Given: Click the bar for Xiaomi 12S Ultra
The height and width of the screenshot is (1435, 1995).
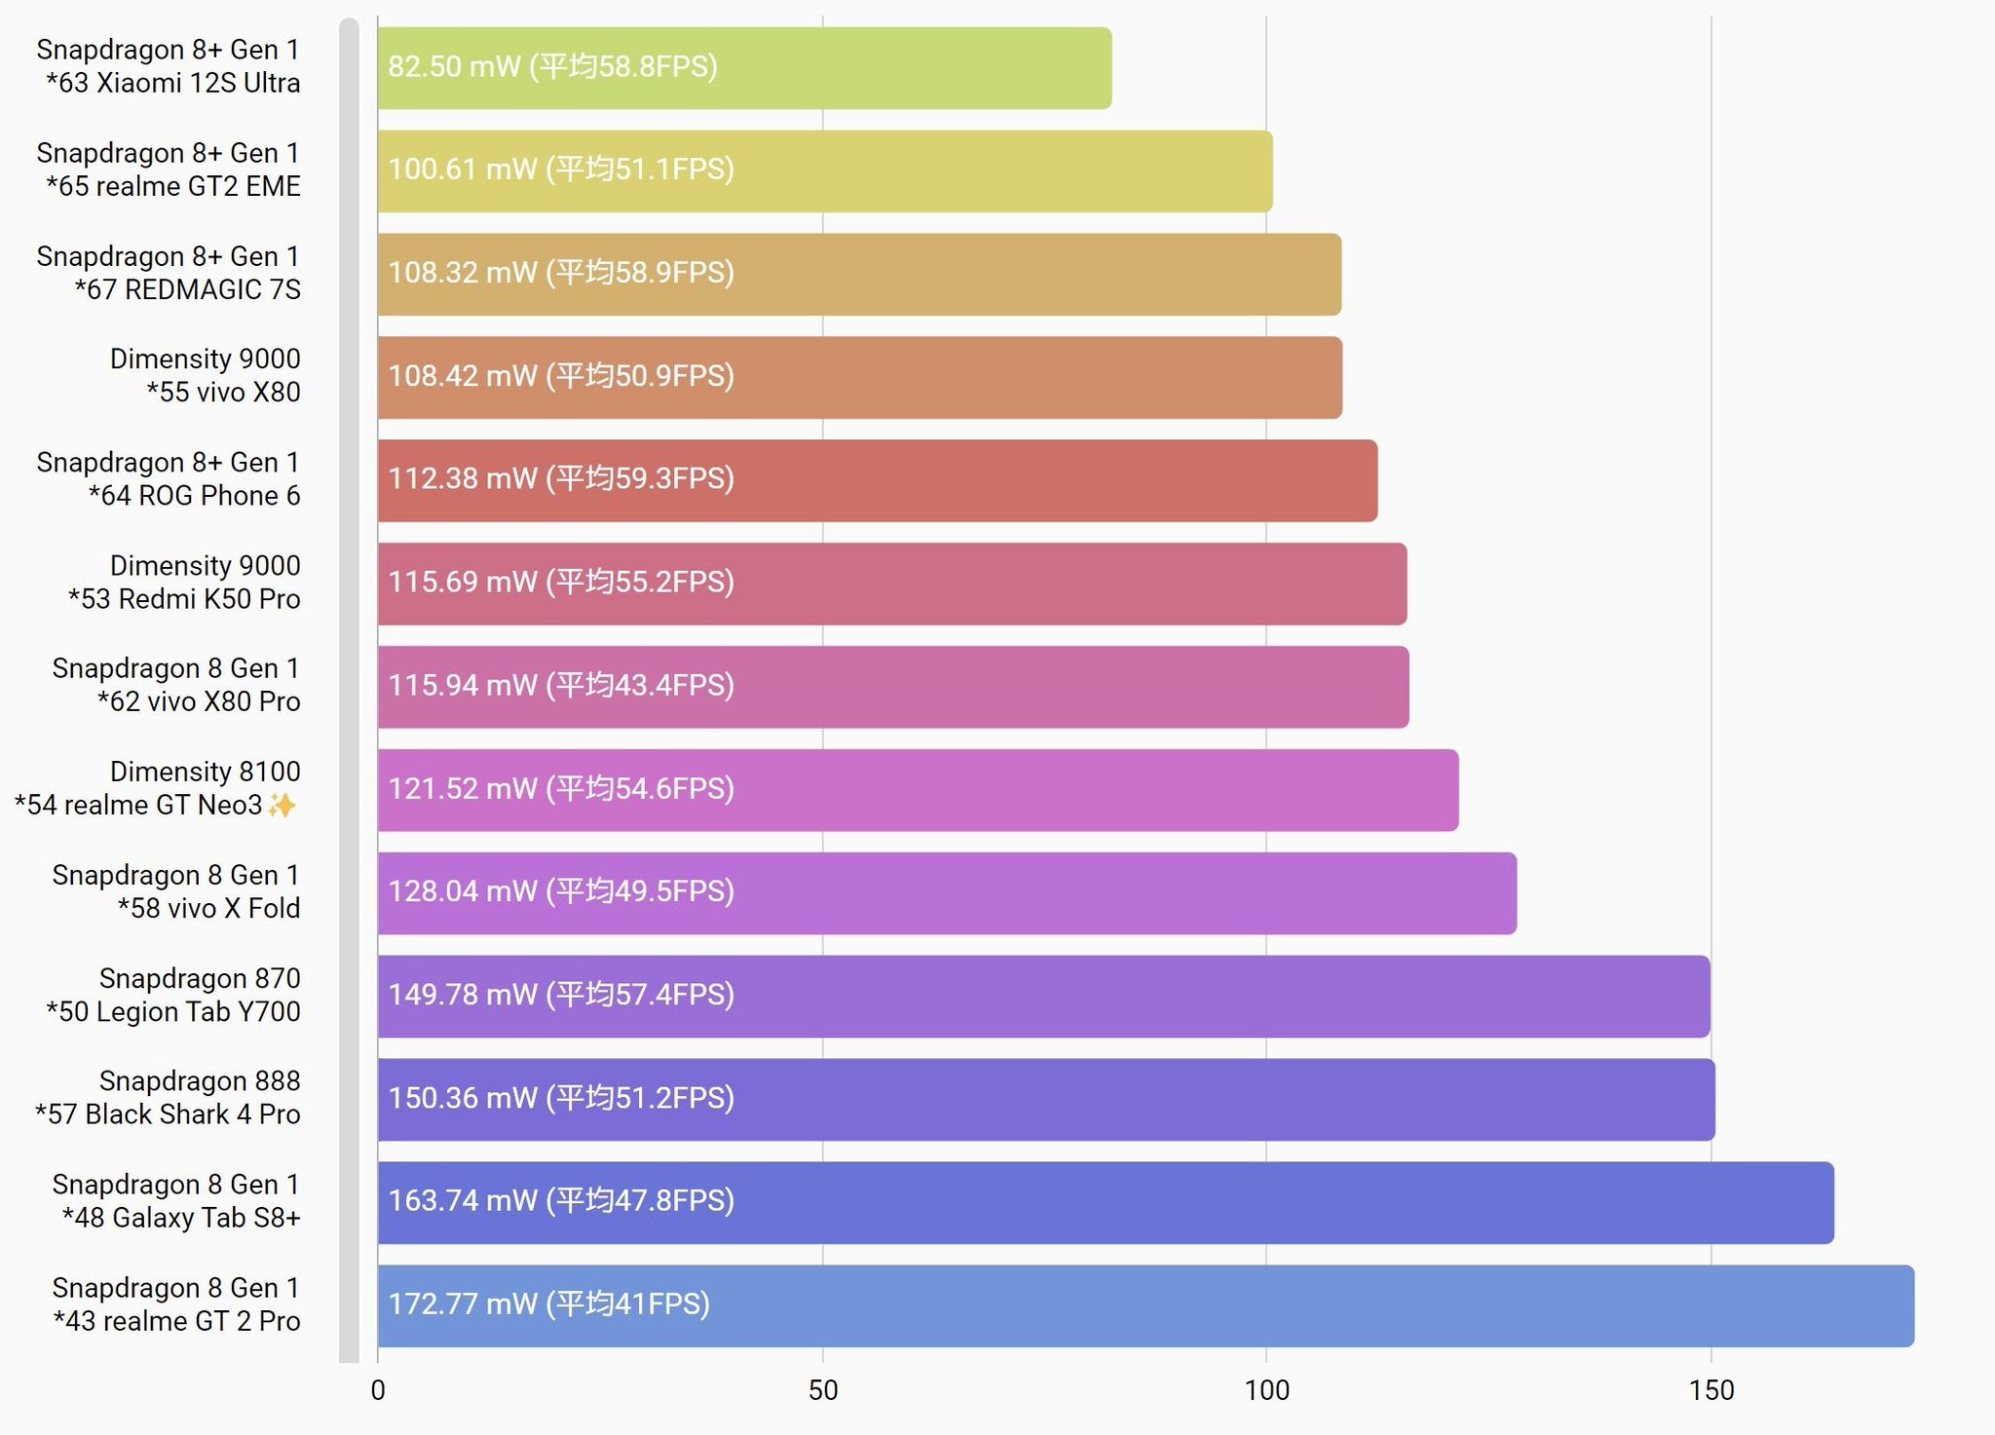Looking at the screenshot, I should (744, 68).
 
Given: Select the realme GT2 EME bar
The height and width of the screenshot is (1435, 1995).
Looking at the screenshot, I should (824, 171).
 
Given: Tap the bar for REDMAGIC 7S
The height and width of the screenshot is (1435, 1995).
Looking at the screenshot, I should (859, 275).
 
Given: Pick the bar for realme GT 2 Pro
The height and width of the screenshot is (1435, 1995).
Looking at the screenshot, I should (1146, 1306).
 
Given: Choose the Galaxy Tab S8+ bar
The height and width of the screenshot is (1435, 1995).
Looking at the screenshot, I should (1106, 1203).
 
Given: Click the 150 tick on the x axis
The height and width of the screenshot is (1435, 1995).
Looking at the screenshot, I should (1712, 1390).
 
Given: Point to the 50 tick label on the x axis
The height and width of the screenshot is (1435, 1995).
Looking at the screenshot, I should (823, 1390).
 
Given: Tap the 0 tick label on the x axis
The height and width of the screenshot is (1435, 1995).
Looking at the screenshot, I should (378, 1390).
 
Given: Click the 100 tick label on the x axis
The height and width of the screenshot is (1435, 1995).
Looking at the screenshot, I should (1266, 1390).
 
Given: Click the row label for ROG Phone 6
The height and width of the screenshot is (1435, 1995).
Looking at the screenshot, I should (169, 479).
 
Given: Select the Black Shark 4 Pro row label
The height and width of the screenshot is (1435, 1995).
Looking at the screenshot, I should (168, 1098).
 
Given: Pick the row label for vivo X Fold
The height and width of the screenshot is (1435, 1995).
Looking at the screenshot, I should (176, 891).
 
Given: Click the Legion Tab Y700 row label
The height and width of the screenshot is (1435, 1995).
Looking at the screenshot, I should (173, 995).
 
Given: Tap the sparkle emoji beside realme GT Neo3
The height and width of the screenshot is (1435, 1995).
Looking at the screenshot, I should (282, 806).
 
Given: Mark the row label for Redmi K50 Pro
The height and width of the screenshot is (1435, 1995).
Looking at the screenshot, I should (184, 583).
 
